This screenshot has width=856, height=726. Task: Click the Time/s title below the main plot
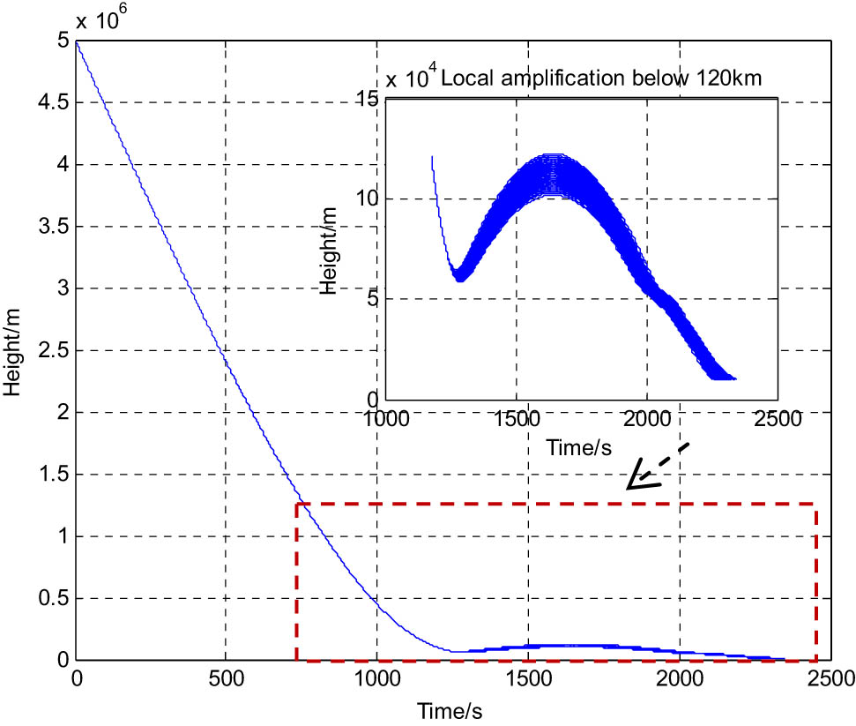[x=452, y=708]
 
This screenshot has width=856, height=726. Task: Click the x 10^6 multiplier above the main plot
[x=96, y=19]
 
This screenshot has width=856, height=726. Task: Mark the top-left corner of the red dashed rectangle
[x=297, y=505]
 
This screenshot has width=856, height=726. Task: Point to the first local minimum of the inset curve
[x=459, y=279]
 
